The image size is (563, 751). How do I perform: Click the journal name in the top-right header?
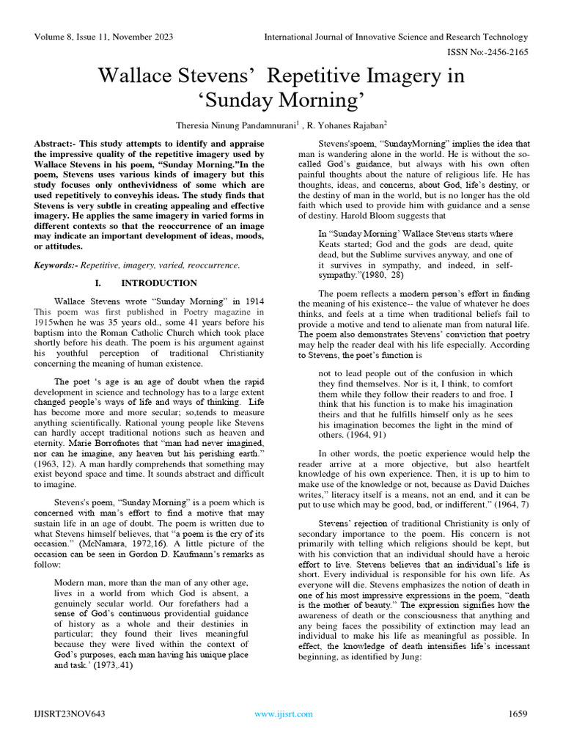(x=396, y=37)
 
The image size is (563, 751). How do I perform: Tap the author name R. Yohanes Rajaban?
(x=346, y=125)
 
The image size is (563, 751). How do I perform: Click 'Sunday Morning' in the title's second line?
(x=281, y=100)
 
